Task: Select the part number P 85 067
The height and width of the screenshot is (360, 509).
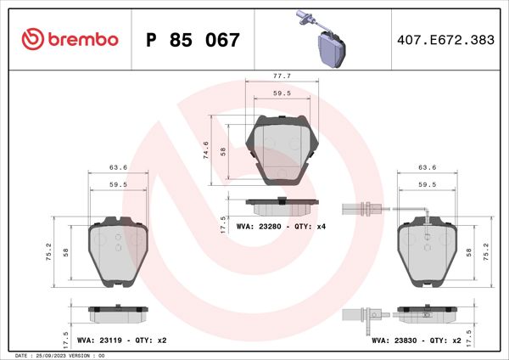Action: tap(193, 40)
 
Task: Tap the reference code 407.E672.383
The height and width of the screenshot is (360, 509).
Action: tap(445, 40)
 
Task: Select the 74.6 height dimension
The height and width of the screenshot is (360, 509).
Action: tap(207, 150)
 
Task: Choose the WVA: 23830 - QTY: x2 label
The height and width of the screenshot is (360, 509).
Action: tap(416, 340)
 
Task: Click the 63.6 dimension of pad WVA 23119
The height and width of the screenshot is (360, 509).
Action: tap(118, 167)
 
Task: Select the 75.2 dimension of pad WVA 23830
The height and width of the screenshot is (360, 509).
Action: tap(485, 252)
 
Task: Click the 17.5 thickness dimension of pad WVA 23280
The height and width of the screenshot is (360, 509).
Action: tap(222, 223)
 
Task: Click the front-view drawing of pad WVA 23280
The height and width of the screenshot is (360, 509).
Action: tap(280, 149)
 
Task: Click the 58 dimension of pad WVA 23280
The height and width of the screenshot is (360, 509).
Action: tap(222, 150)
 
